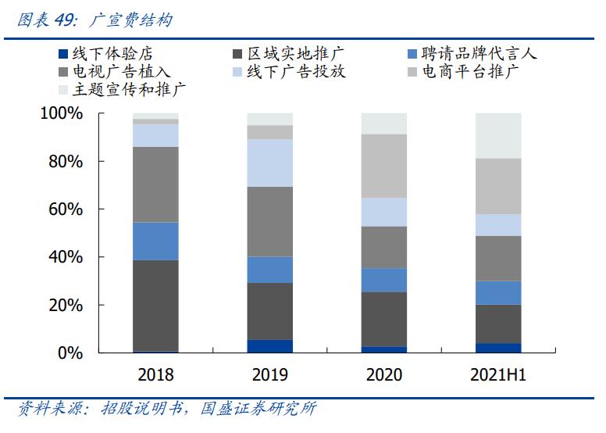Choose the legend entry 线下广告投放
pos(296,72)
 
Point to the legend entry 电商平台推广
pos(470,72)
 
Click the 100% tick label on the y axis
pos(61,114)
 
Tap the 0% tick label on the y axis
pos(70,353)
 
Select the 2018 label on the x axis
pos(155,375)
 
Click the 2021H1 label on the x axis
pos(498,375)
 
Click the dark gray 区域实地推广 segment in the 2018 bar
pos(155,306)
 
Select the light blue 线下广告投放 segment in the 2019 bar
pos(269,163)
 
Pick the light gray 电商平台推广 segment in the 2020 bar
pos(384,166)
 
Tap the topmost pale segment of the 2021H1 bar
pos(498,135)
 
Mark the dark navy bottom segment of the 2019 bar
pos(269,346)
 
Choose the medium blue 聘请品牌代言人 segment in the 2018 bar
pos(155,241)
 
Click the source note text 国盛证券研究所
pos(258,410)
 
